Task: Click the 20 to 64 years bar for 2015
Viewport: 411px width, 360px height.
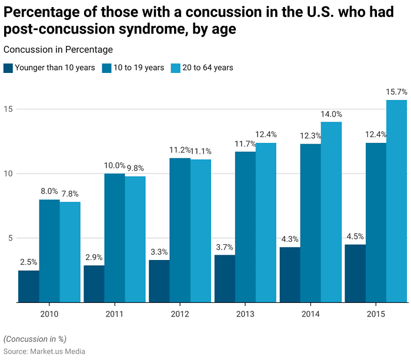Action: (x=396, y=201)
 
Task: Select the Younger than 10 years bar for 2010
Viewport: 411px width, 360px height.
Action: (x=29, y=286)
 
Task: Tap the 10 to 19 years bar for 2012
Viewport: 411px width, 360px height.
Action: (x=180, y=230)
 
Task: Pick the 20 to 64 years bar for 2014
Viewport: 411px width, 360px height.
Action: (x=331, y=212)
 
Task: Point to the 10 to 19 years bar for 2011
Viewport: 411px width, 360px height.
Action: (x=115, y=238)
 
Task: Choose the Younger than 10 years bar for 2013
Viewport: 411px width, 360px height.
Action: (x=225, y=279)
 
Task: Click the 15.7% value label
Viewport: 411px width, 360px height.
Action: (x=396, y=92)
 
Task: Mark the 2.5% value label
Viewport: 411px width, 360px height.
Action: (x=29, y=262)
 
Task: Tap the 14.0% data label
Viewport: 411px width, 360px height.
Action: (x=331, y=114)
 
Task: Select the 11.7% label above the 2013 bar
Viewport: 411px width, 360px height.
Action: (x=245, y=144)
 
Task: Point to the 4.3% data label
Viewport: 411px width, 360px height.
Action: (x=290, y=239)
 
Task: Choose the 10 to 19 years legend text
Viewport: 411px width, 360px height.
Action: (x=139, y=68)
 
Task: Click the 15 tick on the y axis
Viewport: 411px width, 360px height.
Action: (x=6, y=109)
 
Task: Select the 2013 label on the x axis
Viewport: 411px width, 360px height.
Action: (x=245, y=315)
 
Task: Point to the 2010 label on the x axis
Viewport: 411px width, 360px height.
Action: (x=49, y=315)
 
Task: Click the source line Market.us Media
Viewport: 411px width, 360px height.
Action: (x=44, y=351)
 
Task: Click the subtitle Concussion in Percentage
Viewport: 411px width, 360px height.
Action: (x=58, y=50)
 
